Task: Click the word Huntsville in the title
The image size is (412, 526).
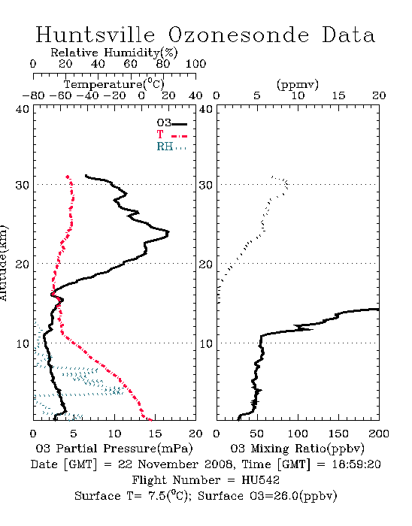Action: pos(95,35)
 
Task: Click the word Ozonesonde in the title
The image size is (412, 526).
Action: pos(238,35)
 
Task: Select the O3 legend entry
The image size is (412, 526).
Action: pos(171,123)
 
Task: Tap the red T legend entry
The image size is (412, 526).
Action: pos(171,135)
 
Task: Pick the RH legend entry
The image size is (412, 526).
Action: pos(171,147)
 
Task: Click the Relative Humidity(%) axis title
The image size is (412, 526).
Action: pos(114,53)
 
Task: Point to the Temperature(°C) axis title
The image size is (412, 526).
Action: pos(114,84)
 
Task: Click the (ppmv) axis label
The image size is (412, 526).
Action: pos(298,84)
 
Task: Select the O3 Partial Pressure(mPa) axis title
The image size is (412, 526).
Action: pos(114,449)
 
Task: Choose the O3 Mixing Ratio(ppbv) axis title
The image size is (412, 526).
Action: pos(297,449)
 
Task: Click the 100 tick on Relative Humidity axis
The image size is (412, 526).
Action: pos(196,64)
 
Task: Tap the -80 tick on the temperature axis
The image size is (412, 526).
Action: pos(33,95)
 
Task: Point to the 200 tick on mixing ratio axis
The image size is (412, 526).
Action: pos(379,434)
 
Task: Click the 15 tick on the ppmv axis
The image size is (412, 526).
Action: pos(338,95)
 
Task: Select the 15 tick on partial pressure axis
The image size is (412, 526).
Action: pos(155,434)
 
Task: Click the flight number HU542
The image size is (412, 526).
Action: pos(260,480)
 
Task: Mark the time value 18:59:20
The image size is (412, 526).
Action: pos(356,464)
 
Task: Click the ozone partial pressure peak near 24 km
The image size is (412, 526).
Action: pos(168,232)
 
